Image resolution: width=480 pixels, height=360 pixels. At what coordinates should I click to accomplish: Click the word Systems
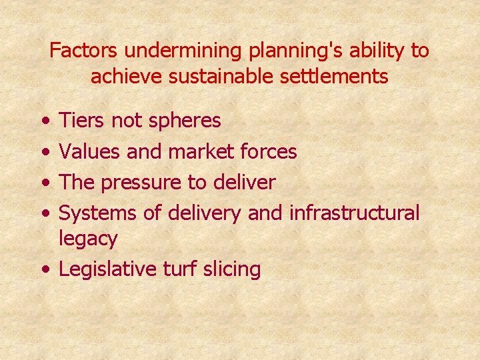pos(97,213)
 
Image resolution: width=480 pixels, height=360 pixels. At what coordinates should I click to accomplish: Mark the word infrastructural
pos(354,213)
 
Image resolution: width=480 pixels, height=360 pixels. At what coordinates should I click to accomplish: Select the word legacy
pos(88,239)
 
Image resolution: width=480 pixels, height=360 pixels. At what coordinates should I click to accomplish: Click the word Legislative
pos(108,269)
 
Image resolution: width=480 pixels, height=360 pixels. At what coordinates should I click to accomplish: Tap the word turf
pos(180,269)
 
